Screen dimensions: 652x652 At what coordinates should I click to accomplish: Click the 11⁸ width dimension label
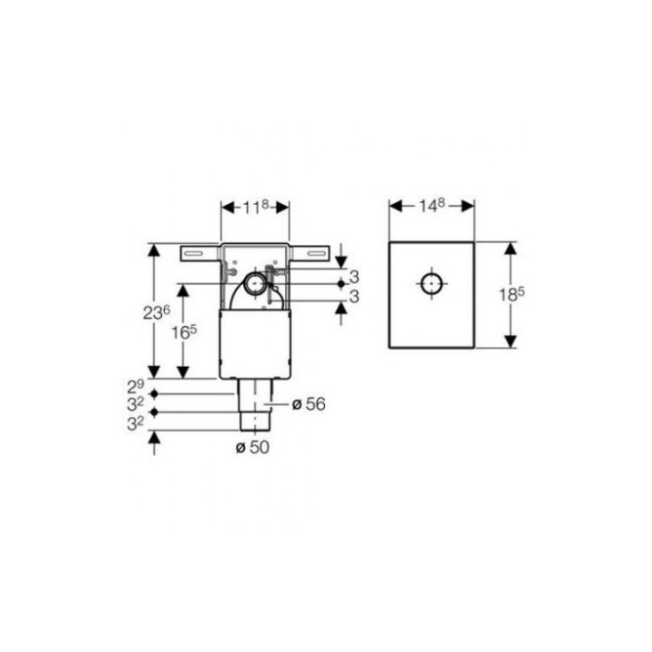[x=255, y=206]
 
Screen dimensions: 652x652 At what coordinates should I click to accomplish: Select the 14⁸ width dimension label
[x=431, y=206]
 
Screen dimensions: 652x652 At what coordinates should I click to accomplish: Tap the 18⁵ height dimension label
[x=512, y=294]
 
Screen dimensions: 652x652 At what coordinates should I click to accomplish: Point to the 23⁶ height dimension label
[x=157, y=312]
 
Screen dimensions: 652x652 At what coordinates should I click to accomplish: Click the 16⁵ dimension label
[x=184, y=331]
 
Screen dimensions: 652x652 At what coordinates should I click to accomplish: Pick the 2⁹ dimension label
[x=136, y=387]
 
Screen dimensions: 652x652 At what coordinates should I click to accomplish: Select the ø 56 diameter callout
[x=309, y=404]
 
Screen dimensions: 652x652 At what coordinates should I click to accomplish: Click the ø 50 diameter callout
[x=253, y=447]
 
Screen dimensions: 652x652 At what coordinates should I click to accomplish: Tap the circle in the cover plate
[x=431, y=283]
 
